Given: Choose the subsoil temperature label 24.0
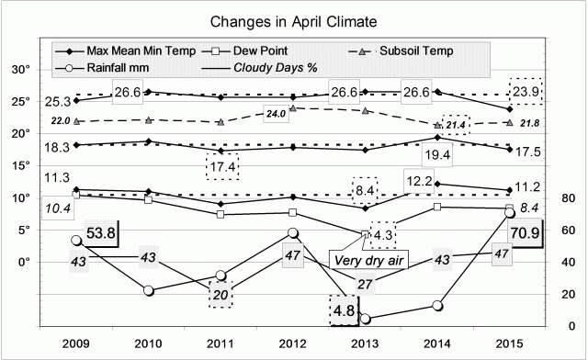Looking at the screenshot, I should pyautogui.click(x=276, y=114).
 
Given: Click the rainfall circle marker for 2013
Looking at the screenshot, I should pyautogui.click(x=366, y=319).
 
